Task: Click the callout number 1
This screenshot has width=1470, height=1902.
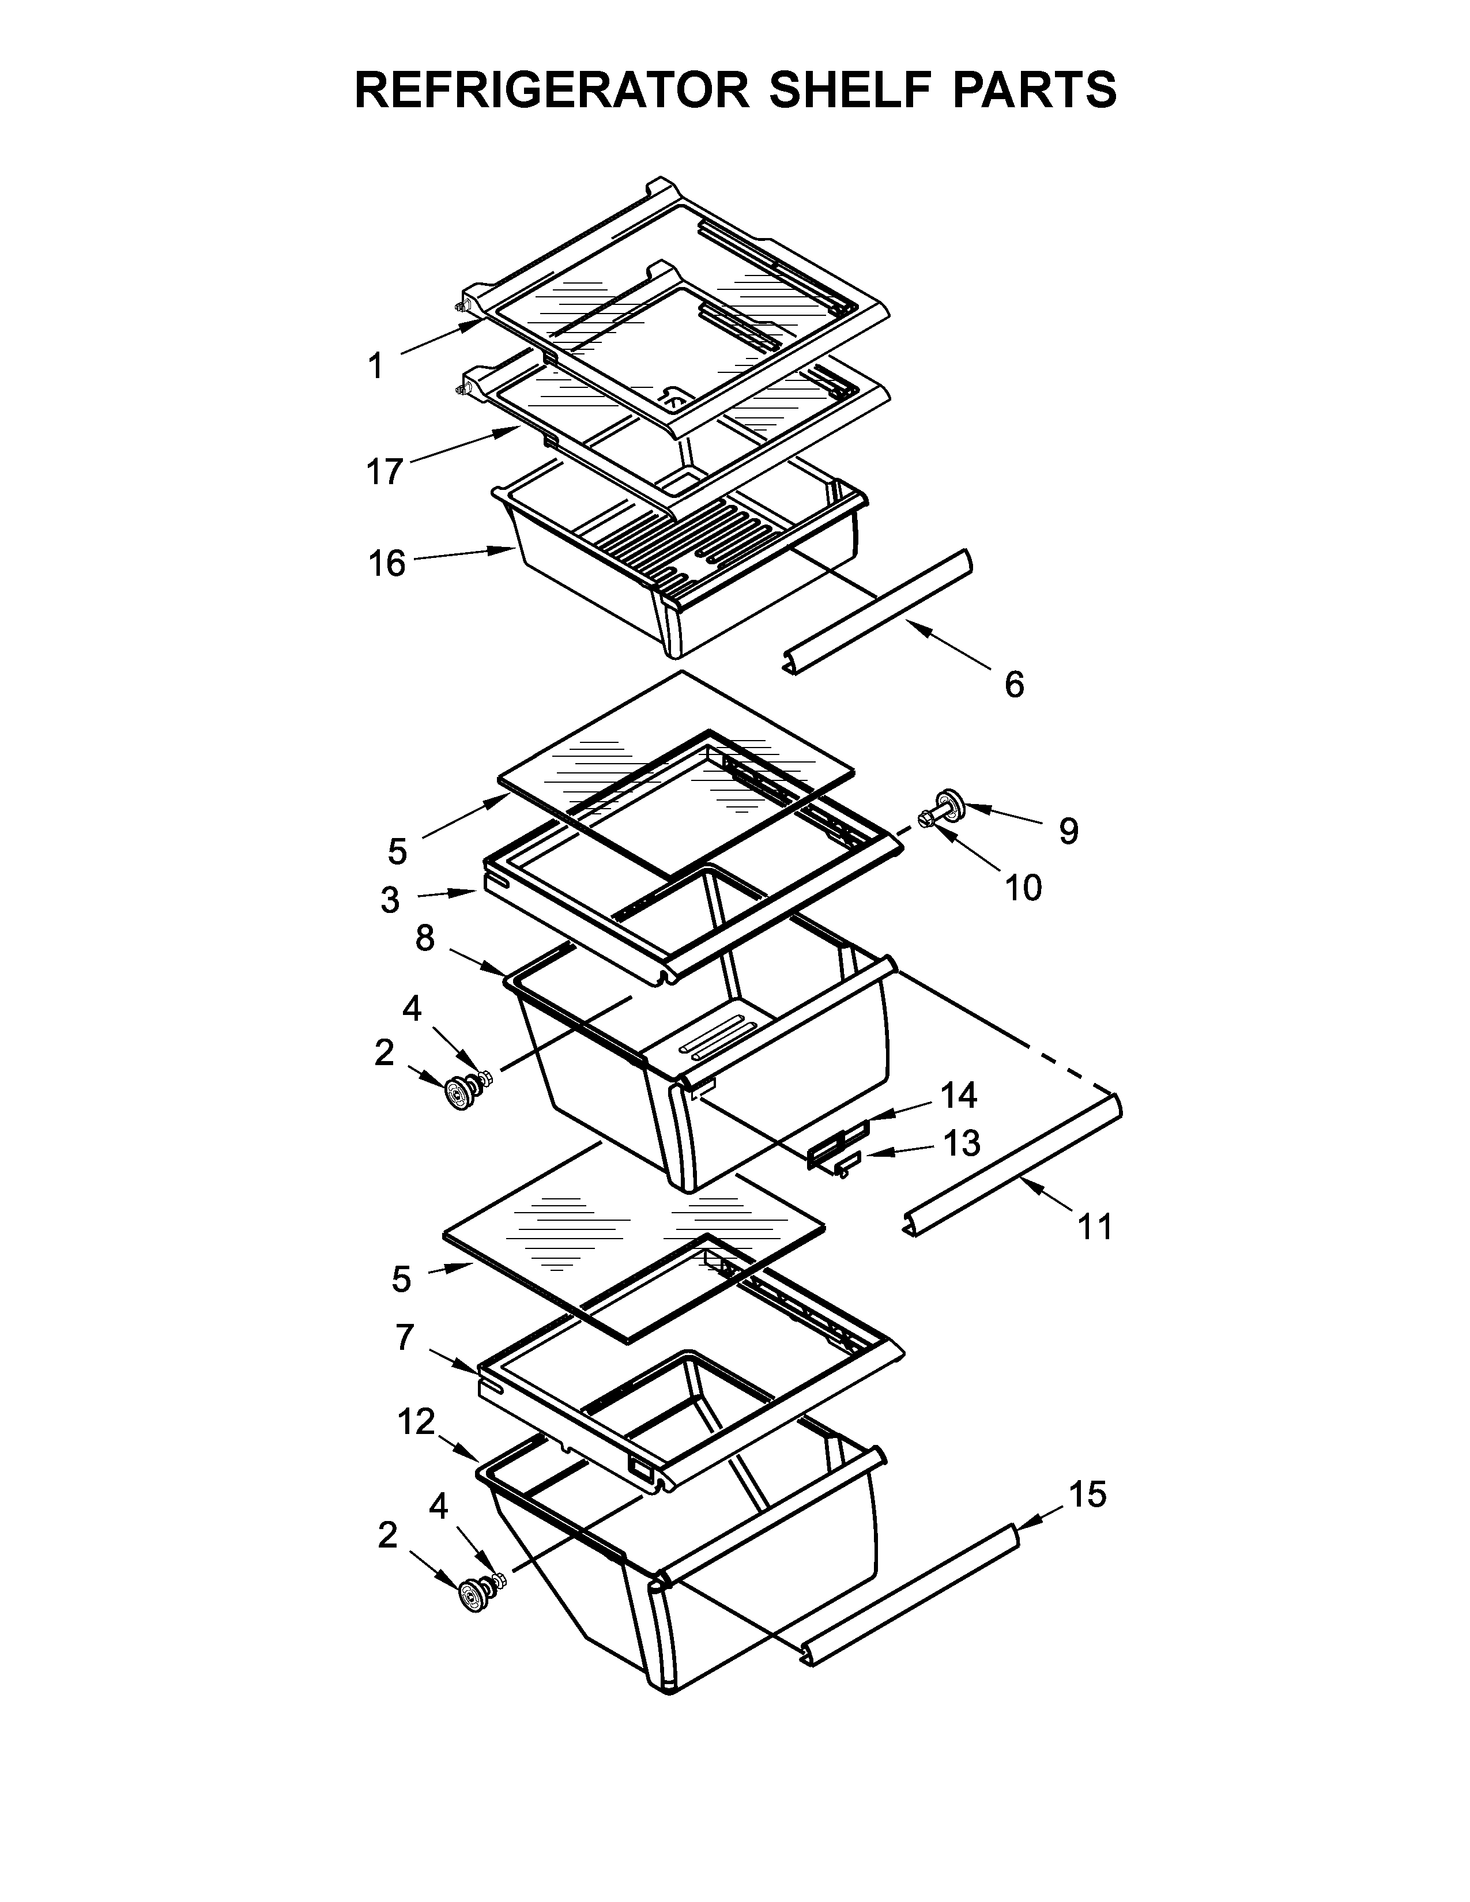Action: [375, 367]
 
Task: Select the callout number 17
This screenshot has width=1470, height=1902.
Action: [384, 472]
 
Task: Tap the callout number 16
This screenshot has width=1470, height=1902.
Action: [387, 564]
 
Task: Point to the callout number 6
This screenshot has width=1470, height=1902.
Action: [1013, 685]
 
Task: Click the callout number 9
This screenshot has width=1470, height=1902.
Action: [1069, 831]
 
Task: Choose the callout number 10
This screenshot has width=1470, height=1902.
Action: [1023, 888]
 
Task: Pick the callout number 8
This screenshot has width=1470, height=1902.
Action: [424, 939]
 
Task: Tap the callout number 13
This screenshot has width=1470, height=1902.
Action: [962, 1144]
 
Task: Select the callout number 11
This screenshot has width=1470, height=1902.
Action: [1095, 1227]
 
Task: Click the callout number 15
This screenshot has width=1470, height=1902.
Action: [1087, 1495]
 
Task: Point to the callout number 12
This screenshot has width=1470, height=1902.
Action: [416, 1422]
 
